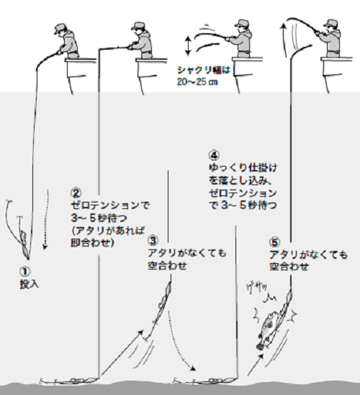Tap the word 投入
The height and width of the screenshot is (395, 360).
coord(30,284)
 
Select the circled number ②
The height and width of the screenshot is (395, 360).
coord(76,193)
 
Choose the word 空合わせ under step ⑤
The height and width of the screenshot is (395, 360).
coord(289,267)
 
